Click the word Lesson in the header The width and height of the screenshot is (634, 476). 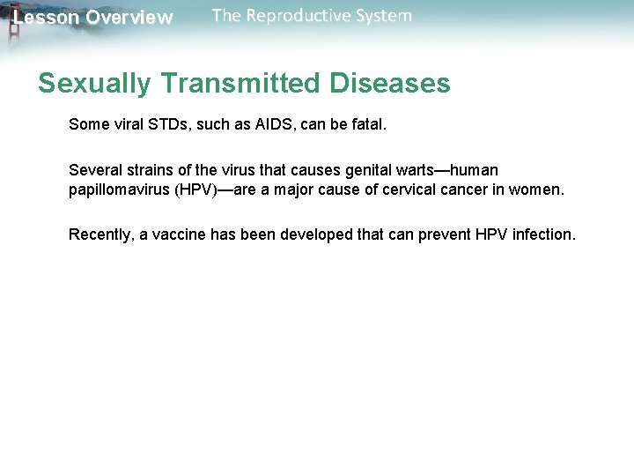(x=45, y=18)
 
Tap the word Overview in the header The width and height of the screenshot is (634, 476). (x=129, y=18)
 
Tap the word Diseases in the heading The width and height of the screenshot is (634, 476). (x=389, y=84)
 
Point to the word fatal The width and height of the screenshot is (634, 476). (x=368, y=124)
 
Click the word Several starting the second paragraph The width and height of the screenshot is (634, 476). (x=96, y=170)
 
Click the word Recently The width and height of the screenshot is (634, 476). (x=100, y=234)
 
